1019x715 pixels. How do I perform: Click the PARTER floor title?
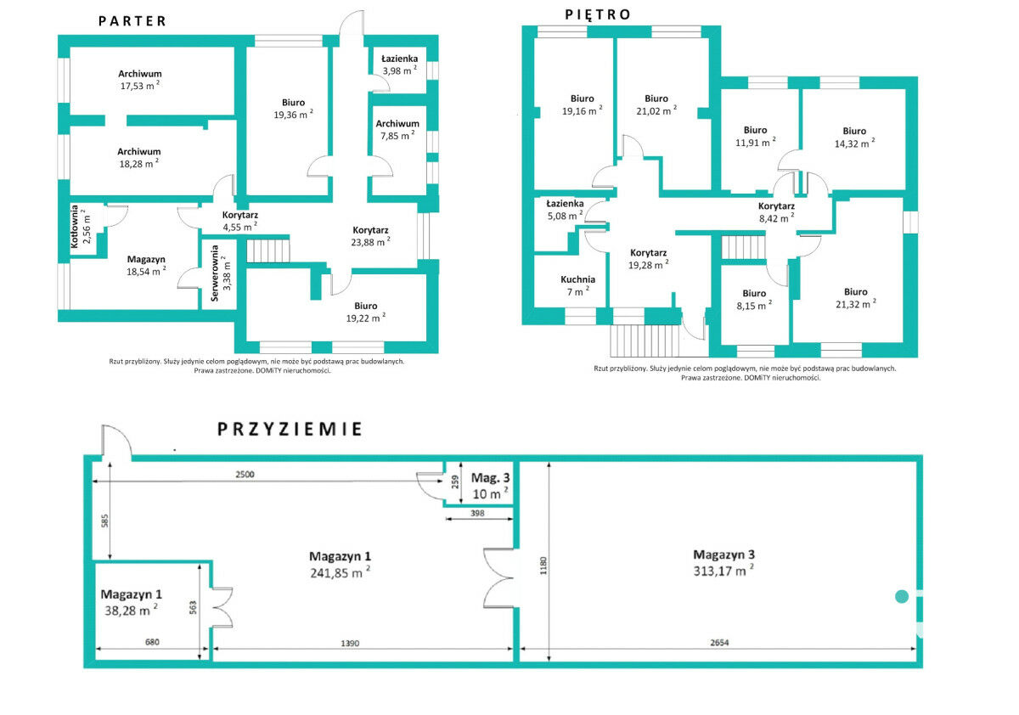click(x=132, y=21)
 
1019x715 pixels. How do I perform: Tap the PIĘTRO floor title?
click(x=597, y=15)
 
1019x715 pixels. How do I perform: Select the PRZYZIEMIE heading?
click(x=290, y=430)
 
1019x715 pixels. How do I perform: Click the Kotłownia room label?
click(x=75, y=227)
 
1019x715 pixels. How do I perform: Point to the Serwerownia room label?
click(x=215, y=273)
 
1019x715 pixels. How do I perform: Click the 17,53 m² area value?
click(x=139, y=86)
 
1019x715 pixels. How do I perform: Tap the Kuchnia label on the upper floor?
click(x=577, y=279)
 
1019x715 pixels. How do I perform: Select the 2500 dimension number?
click(x=245, y=475)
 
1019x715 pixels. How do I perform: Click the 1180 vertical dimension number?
click(x=543, y=566)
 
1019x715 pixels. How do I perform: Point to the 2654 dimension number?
click(x=719, y=643)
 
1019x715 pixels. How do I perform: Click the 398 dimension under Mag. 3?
click(x=477, y=513)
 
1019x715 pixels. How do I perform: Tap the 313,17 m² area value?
click(x=723, y=571)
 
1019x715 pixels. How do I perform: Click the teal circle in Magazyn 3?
click(x=902, y=596)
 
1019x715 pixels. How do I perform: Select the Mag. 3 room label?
click(x=491, y=478)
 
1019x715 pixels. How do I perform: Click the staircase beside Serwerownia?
click(x=268, y=251)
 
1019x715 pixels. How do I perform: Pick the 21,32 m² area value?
click(x=856, y=304)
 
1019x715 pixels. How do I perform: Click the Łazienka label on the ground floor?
click(x=399, y=59)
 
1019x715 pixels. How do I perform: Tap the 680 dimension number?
click(x=152, y=642)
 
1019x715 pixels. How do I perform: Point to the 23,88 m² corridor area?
click(x=370, y=242)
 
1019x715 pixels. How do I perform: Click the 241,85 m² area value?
click(x=340, y=572)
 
